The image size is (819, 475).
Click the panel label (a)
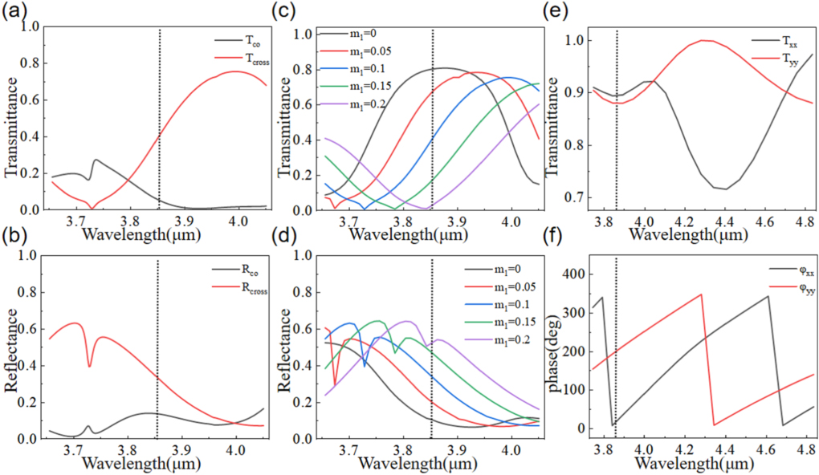pyautogui.click(x=17, y=10)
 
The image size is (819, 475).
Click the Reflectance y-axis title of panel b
pyautogui.click(x=11, y=347)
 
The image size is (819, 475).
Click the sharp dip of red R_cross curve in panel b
pyautogui.click(x=89, y=367)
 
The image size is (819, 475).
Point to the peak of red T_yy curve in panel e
pyautogui.click(x=705, y=40)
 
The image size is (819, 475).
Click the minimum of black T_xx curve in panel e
pyautogui.click(x=725, y=189)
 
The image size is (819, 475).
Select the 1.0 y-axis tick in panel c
pyautogui.click(x=305, y=35)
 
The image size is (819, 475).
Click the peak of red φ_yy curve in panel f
pyautogui.click(x=701, y=294)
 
